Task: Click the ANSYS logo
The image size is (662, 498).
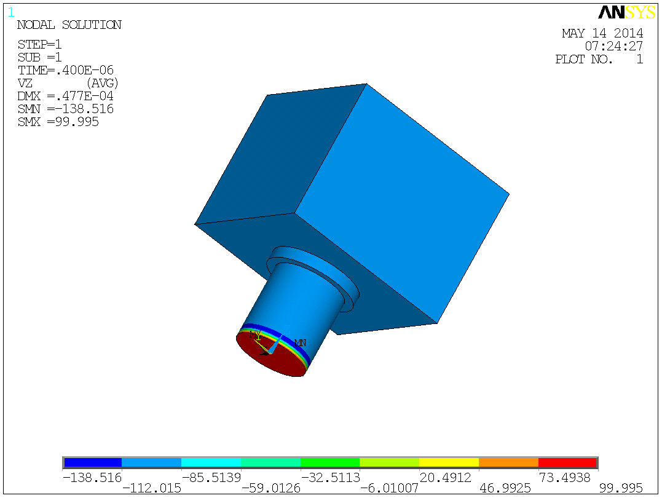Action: pos(627,12)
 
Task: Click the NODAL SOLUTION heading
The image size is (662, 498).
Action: pos(69,25)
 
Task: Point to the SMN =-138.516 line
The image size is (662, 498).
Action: pos(65,109)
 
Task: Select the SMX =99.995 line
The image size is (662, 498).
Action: pos(58,122)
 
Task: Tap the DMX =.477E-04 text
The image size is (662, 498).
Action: pos(65,96)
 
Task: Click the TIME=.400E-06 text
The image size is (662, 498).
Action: pos(65,70)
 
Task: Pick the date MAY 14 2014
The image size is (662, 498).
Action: pos(602,33)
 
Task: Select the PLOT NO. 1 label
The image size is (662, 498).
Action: pos(599,59)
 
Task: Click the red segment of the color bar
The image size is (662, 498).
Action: pos(567,462)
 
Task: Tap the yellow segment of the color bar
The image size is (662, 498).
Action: pos(449,462)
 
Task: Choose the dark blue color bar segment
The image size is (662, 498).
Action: pos(93,462)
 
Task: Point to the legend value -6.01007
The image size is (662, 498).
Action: pos(389,488)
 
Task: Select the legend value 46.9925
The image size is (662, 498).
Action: pos(508,488)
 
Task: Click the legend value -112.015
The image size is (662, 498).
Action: pos(152,488)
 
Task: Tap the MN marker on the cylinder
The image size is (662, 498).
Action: pos(300,342)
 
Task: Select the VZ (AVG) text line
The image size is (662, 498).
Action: pos(68,83)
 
